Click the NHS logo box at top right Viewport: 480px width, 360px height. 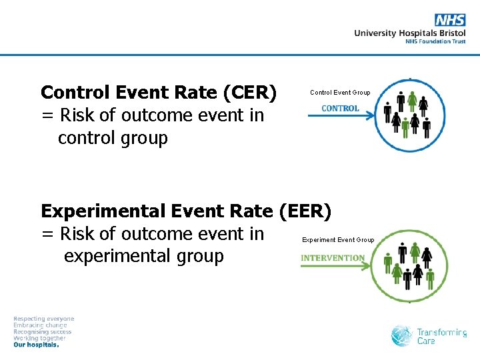450,20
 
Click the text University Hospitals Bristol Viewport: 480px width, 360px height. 409,33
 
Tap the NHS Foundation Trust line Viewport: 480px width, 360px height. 435,41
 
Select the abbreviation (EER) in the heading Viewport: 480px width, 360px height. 304,211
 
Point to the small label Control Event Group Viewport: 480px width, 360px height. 340,93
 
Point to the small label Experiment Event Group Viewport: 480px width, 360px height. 338,240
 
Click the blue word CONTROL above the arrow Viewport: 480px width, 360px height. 340,109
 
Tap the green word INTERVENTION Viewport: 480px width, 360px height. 333,258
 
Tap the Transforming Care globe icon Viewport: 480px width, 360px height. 401,335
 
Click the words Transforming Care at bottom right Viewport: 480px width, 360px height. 441,336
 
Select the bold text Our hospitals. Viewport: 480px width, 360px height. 36,345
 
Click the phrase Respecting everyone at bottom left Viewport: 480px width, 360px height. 44,319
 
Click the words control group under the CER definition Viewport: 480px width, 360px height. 113,138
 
